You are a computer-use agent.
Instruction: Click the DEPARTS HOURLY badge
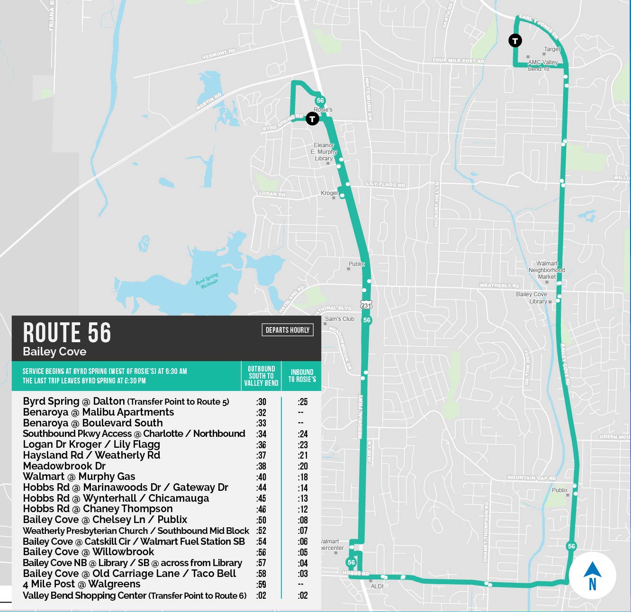pyautogui.click(x=287, y=330)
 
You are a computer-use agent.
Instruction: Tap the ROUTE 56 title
pyautogui.click(x=67, y=333)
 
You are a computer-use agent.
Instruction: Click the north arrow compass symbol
pyautogui.click(x=592, y=576)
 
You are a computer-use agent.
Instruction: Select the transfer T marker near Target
pyautogui.click(x=515, y=41)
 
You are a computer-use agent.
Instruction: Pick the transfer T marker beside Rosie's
pyautogui.click(x=312, y=119)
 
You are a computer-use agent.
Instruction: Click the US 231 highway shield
pyautogui.click(x=366, y=304)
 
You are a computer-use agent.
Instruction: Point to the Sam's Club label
pyautogui.click(x=340, y=319)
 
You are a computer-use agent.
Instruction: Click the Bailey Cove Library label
pyautogui.click(x=532, y=298)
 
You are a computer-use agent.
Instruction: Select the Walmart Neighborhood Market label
pyautogui.click(x=547, y=270)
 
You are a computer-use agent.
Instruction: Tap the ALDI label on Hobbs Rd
pyautogui.click(x=377, y=586)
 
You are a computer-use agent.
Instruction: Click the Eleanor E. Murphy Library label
pyautogui.click(x=324, y=152)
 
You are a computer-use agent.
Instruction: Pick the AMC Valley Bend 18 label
pyautogui.click(x=542, y=65)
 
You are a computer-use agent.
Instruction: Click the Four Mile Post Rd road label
pyautogui.click(x=458, y=61)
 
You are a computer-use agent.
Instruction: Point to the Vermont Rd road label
pyautogui.click(x=218, y=54)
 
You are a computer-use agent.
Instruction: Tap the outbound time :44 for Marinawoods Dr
pyautogui.click(x=261, y=488)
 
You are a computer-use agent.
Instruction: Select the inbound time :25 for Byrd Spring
pyautogui.click(x=303, y=402)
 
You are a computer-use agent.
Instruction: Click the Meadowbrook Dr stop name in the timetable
pyautogui.click(x=64, y=466)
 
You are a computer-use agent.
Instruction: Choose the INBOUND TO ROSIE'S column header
pyautogui.click(x=302, y=375)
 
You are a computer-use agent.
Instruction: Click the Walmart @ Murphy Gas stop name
pyautogui.click(x=79, y=477)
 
